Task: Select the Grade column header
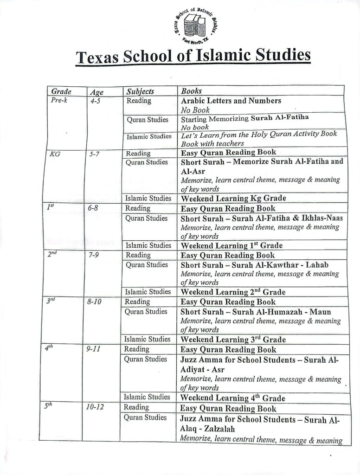[61, 91]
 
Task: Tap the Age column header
[96, 92]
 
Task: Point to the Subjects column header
[140, 91]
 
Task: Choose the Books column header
[191, 91]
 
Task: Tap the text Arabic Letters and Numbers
[231, 101]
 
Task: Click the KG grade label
[55, 153]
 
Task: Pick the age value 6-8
[96, 209]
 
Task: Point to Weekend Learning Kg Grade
[233, 198]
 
